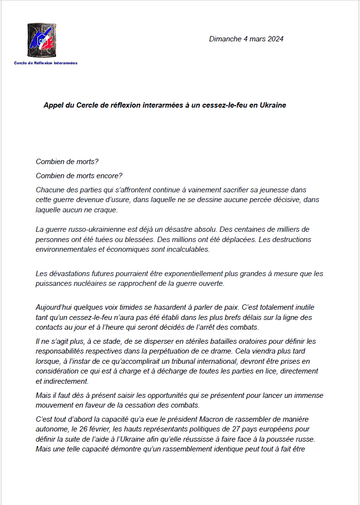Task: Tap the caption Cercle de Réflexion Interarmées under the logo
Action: tap(45, 63)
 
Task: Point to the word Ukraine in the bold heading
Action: tap(272, 105)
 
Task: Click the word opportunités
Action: tap(160, 395)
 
